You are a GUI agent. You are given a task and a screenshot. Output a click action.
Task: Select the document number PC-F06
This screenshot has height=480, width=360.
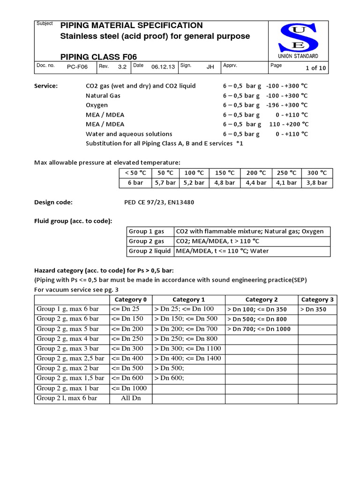pyautogui.click(x=77, y=67)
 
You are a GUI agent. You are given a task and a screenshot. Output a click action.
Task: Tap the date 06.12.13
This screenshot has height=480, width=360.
pyautogui.click(x=163, y=67)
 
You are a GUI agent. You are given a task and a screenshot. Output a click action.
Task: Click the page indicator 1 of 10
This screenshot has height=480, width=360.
pyautogui.click(x=315, y=67)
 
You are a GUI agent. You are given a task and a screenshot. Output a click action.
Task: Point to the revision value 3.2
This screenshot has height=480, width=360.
pyautogui.click(x=122, y=67)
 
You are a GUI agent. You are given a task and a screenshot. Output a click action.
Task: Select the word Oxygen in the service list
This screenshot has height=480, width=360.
pyautogui.click(x=97, y=105)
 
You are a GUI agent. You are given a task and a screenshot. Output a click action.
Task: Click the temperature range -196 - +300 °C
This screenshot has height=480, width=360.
pyautogui.click(x=287, y=105)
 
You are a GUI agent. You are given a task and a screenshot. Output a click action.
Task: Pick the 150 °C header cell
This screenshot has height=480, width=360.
pyautogui.click(x=224, y=172)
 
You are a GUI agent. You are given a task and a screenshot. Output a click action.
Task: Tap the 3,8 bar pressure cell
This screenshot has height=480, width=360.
pyautogui.click(x=316, y=182)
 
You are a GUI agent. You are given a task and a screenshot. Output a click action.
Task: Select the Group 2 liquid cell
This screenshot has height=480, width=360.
pyautogui.click(x=150, y=251)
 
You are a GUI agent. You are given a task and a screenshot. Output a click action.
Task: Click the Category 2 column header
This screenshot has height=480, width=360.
pyautogui.click(x=261, y=300)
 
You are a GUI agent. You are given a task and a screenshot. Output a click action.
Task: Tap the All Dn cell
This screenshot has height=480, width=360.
pyautogui.click(x=130, y=398)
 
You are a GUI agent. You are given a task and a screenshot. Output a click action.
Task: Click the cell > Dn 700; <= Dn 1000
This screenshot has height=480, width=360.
pyautogui.click(x=259, y=329)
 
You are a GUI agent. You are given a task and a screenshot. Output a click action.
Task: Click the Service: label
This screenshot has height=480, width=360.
pyautogui.click(x=46, y=86)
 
